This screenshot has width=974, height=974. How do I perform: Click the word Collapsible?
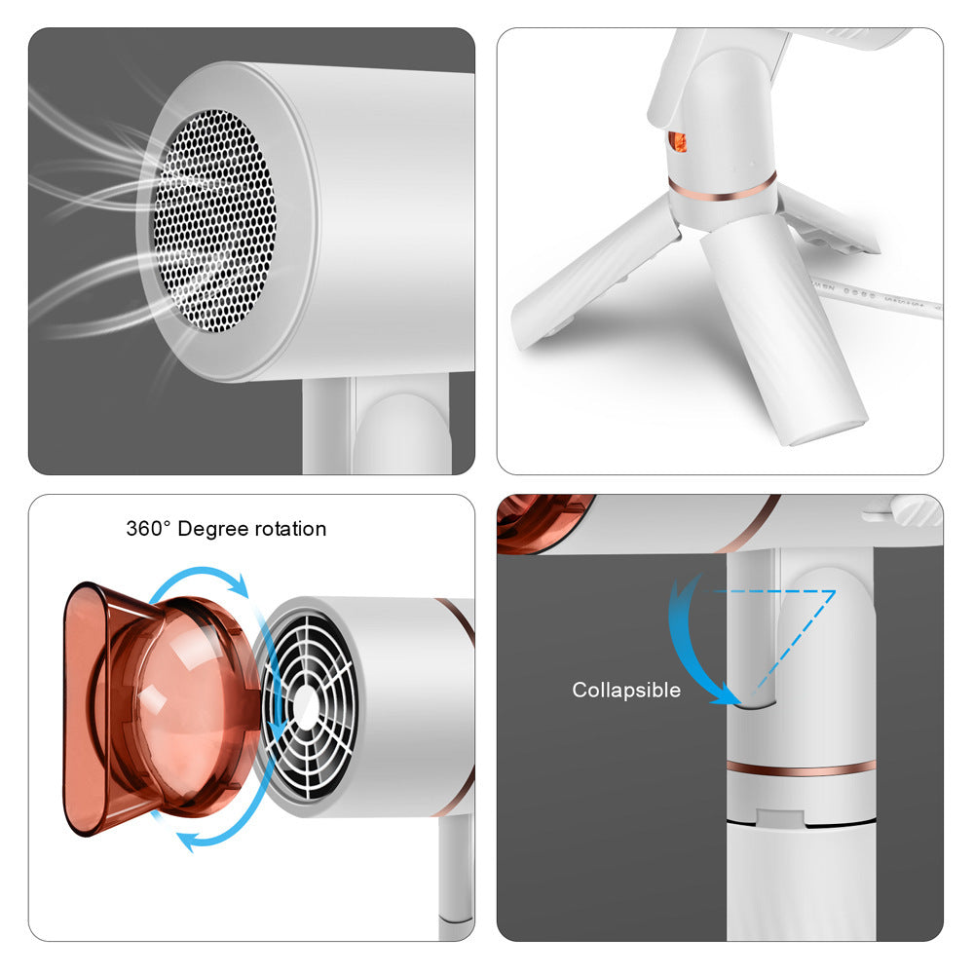pyautogui.click(x=626, y=690)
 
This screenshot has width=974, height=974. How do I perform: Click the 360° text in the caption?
pyautogui.click(x=148, y=528)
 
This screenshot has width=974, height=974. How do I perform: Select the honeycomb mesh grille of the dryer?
pyautogui.click(x=214, y=220)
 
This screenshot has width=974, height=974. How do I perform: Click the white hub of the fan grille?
pyautogui.click(x=304, y=705)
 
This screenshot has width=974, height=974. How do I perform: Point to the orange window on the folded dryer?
pyautogui.click(x=677, y=141)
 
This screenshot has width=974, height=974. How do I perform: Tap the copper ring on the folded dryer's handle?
pyautogui.click(x=723, y=188)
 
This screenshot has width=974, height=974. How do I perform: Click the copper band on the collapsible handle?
pyautogui.click(x=802, y=768)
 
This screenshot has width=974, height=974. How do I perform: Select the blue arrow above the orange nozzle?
pyautogui.click(x=199, y=577)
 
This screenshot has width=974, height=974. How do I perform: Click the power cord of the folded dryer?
pyautogui.click(x=876, y=295)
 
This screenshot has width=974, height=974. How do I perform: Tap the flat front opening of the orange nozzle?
pyautogui.click(x=84, y=709)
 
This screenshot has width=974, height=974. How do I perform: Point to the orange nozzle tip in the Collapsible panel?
pyautogui.click(x=542, y=523)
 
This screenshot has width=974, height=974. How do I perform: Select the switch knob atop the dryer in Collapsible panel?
pyautogui.click(x=908, y=509)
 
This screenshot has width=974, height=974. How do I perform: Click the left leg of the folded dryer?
pyautogui.click(x=590, y=274)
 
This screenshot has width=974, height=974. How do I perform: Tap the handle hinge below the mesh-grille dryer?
pyautogui.click(x=400, y=429)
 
